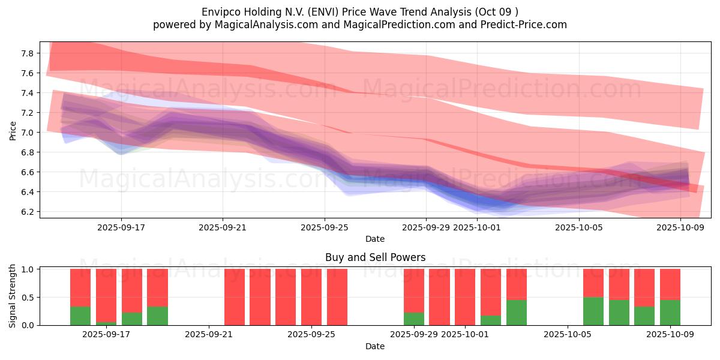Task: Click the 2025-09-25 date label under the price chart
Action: [x=325, y=227]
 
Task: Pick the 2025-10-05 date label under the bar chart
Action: [x=567, y=335]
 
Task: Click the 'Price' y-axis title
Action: [x=13, y=130]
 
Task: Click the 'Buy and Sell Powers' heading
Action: [x=375, y=257]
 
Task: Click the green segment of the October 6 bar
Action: [x=593, y=311]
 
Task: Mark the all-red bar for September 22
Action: [x=235, y=297]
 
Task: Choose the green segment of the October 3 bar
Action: [x=517, y=313]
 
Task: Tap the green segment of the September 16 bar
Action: [x=80, y=316]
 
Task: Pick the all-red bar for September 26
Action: [x=337, y=297]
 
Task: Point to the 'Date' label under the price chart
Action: [x=375, y=239]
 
